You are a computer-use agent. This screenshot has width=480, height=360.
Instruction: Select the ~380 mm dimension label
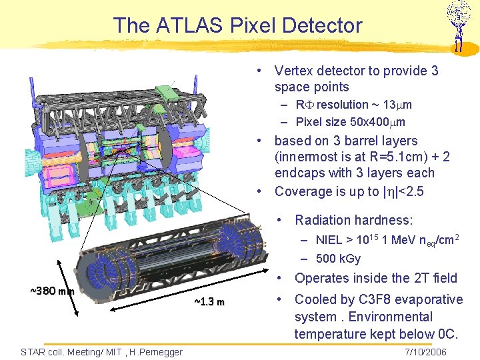52,291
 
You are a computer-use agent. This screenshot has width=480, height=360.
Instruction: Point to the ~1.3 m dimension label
209,303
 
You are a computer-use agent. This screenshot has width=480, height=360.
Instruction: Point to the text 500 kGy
339,259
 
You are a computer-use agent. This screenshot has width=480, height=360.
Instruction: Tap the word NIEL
329,240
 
